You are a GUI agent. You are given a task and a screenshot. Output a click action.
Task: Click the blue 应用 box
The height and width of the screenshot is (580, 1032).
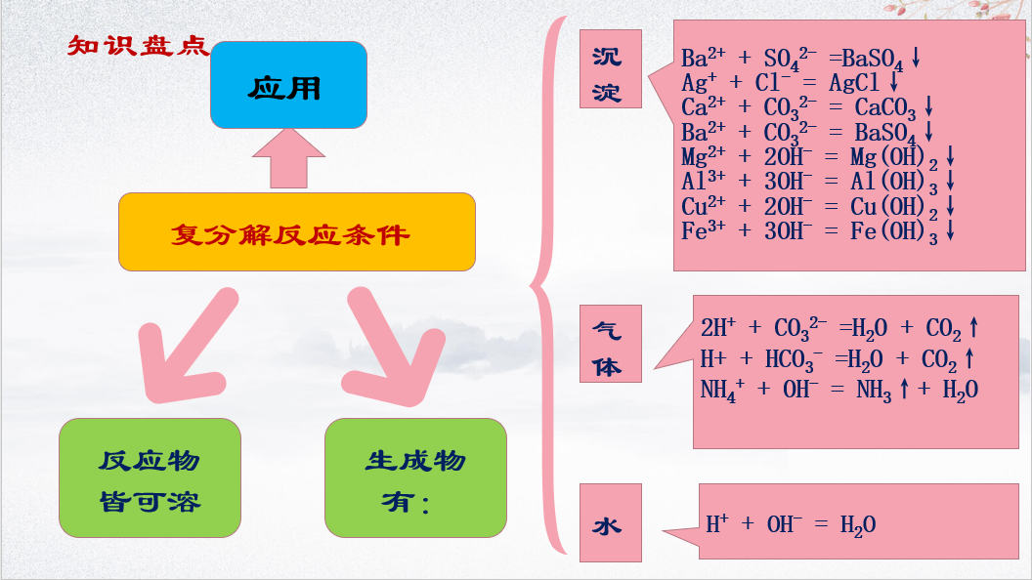pos(288,85)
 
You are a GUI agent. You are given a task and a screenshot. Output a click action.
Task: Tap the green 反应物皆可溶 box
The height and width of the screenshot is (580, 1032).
pos(150,477)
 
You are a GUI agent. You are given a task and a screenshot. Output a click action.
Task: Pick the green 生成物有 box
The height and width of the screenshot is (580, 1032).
pos(415,477)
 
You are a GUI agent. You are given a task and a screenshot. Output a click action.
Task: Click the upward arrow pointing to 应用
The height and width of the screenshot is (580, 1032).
pos(288,159)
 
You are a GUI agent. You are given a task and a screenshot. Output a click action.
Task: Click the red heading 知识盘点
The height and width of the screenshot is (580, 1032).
pos(138,46)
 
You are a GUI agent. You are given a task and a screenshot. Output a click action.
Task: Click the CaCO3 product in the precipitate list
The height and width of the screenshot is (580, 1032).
pos(885,107)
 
